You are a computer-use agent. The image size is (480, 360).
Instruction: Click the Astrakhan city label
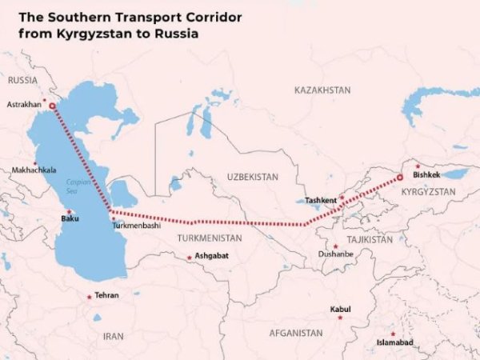pos(23,105)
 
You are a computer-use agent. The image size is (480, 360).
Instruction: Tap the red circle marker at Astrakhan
pos(53,105)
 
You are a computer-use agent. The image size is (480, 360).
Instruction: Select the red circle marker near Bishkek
pos(399,178)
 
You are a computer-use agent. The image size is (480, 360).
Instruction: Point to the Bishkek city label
pos(426,174)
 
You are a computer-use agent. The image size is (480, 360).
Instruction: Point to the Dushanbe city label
pos(334,254)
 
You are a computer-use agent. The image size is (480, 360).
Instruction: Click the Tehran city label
pos(106,295)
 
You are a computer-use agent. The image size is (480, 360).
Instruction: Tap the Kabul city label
pos(340,309)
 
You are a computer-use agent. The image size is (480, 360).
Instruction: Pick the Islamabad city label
pos(395,342)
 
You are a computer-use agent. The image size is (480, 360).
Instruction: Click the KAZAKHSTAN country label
pos(322,90)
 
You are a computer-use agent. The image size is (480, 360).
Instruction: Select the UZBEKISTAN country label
pos(252,176)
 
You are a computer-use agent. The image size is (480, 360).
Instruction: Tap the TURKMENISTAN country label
pos(209,238)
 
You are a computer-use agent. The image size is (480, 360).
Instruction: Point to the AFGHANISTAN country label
pos(296,333)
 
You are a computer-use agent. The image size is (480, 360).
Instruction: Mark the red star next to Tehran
pos(89,296)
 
